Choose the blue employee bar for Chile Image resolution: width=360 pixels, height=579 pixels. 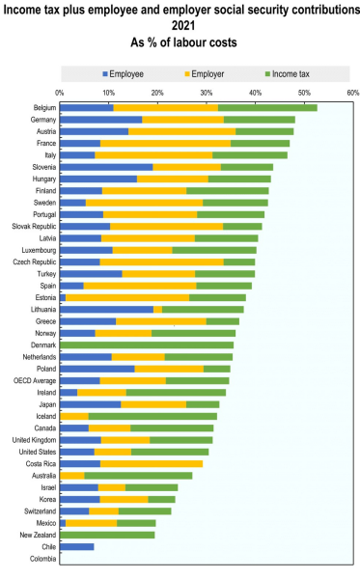(77, 546)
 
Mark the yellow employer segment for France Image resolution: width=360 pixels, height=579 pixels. (165, 143)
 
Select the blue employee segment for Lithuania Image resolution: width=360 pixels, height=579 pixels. (106, 309)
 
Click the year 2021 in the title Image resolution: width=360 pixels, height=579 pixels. (180, 27)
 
